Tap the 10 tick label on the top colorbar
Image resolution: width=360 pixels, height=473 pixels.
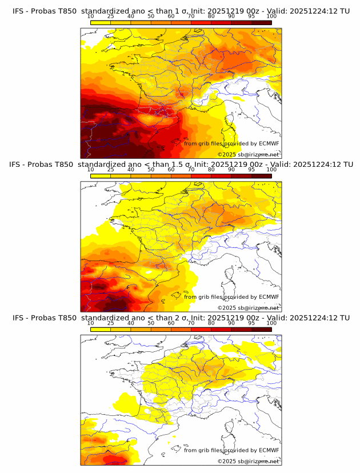91,17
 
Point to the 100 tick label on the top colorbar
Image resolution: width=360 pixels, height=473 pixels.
271,17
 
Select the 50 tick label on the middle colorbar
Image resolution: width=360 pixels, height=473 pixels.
151,170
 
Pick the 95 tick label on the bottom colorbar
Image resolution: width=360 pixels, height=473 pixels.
251,323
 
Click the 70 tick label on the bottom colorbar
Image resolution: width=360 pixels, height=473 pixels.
191,323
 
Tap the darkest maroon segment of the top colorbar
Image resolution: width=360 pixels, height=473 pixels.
261,22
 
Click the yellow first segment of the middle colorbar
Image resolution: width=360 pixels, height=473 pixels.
101,176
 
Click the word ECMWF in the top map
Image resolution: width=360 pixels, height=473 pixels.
269,143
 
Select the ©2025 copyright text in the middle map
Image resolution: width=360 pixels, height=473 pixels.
226,308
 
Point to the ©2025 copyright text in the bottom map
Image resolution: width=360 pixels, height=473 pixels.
226,461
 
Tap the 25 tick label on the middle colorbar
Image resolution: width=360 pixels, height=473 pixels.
111,170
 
